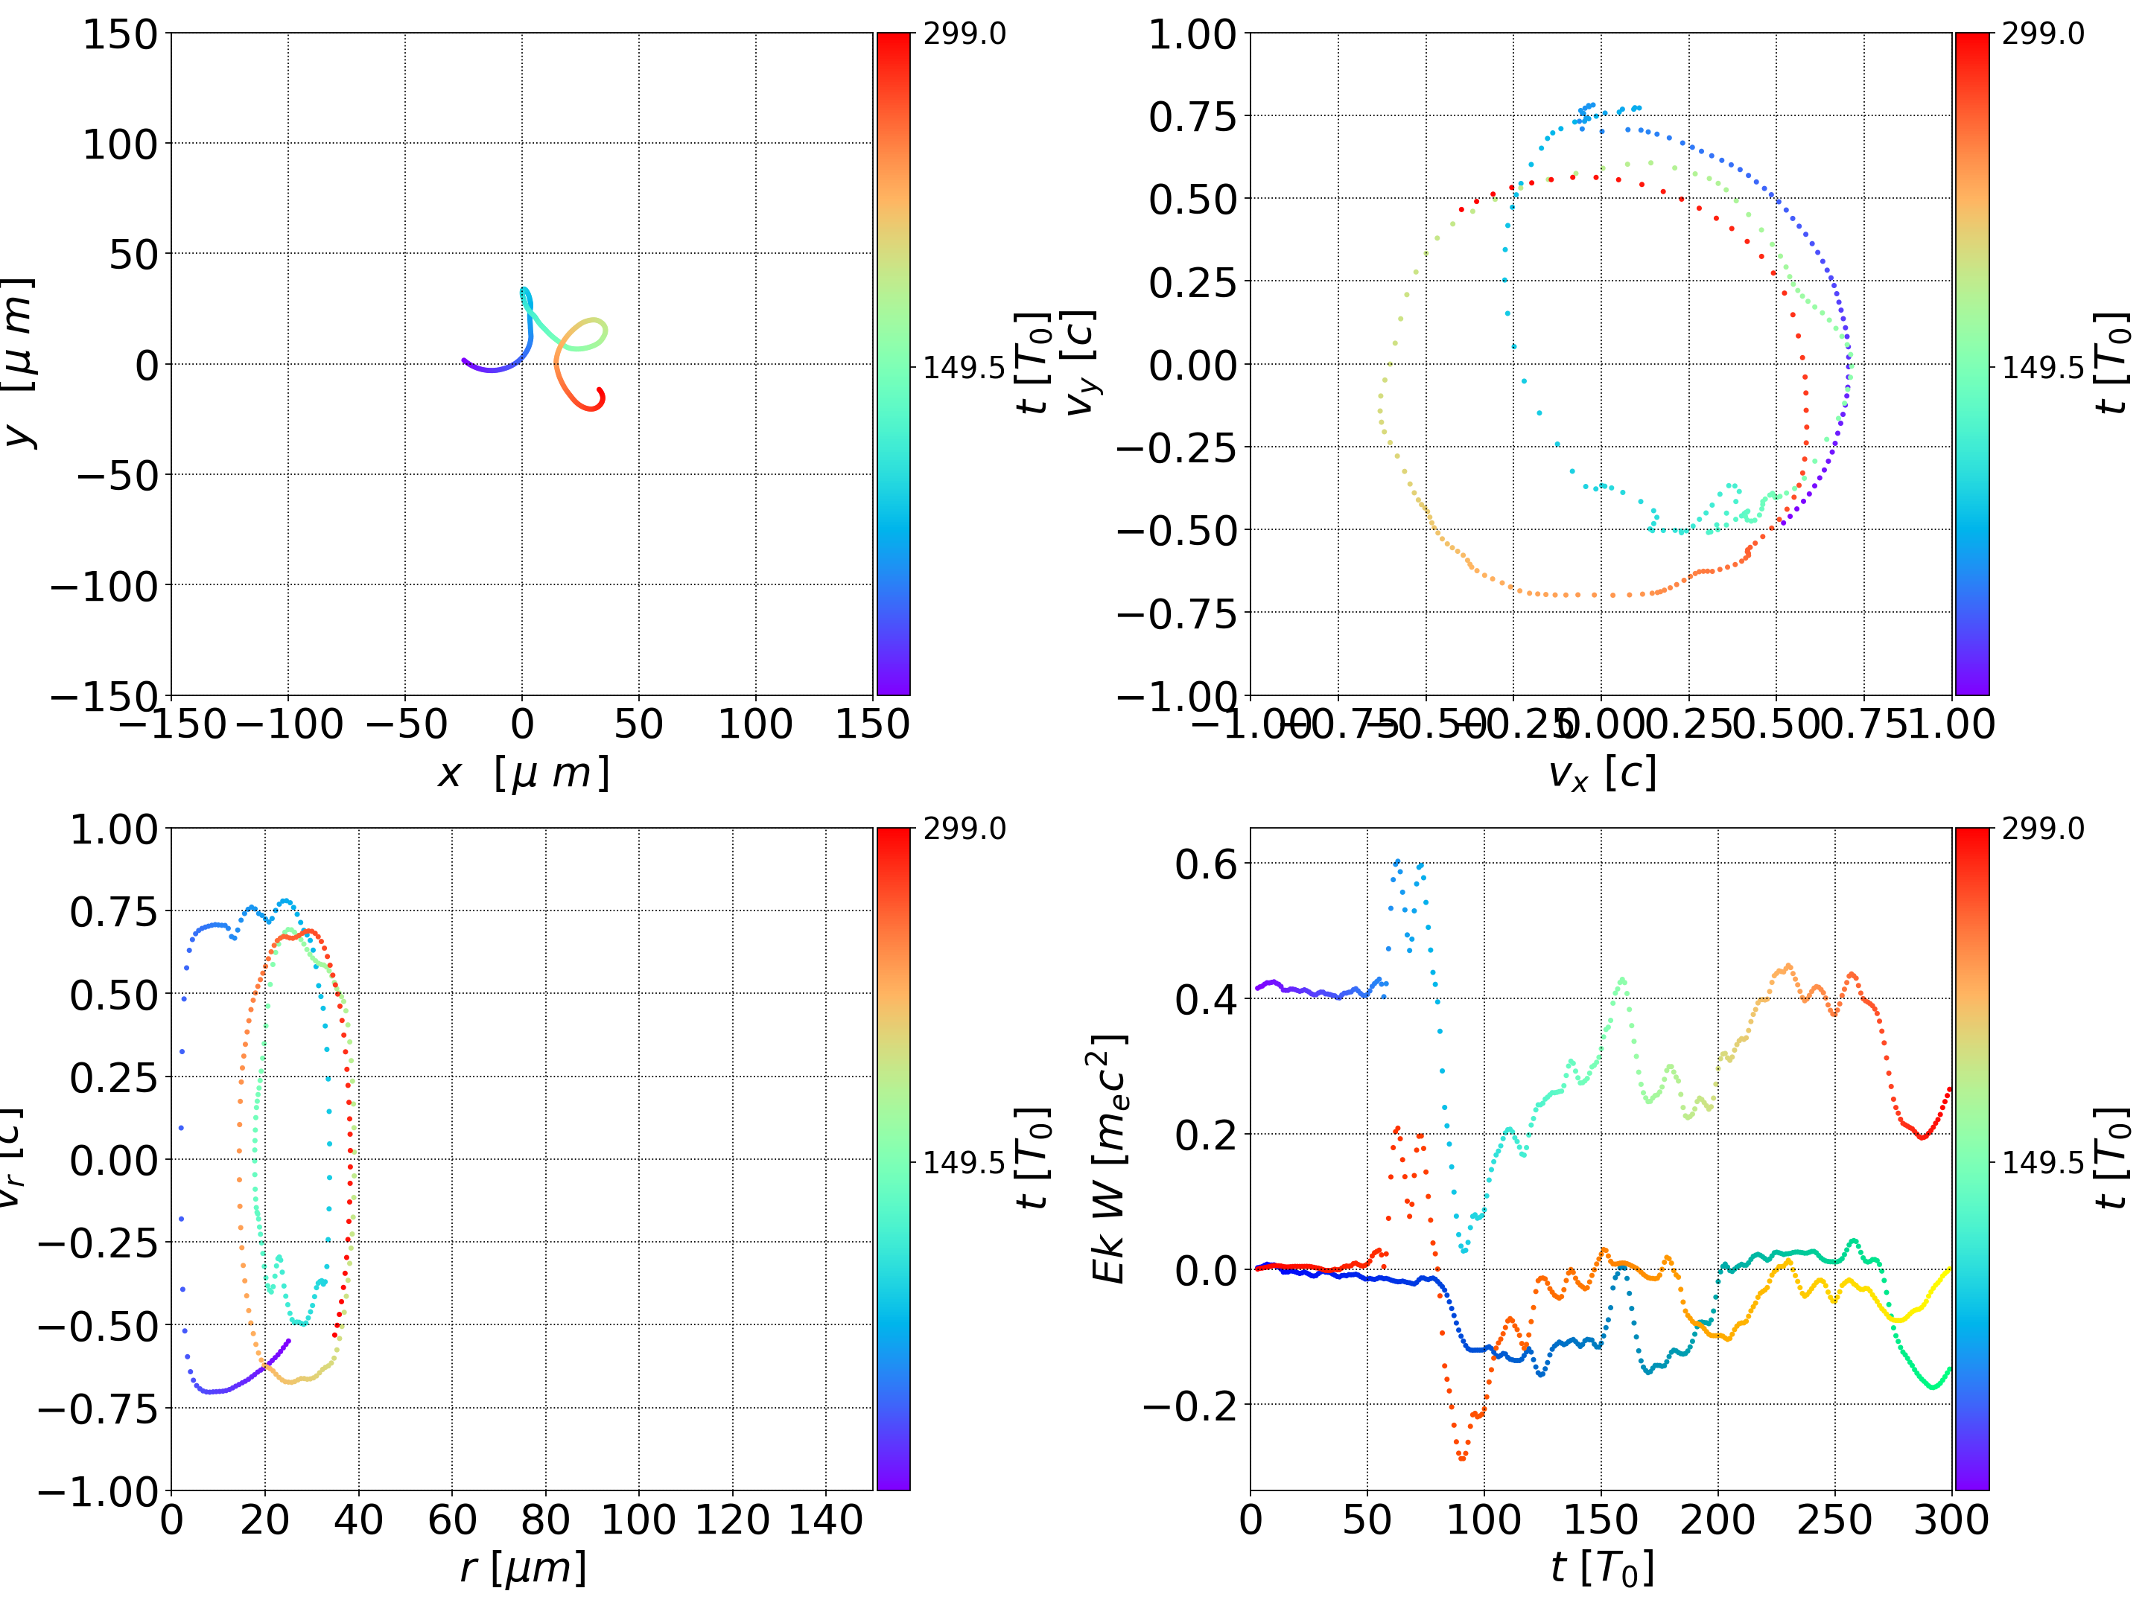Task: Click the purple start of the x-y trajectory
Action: click(x=463, y=360)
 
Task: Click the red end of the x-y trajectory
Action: click(x=600, y=391)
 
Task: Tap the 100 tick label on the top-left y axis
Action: click(x=119, y=144)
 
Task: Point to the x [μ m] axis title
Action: click(x=524, y=774)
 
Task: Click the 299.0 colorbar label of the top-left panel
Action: click(x=964, y=34)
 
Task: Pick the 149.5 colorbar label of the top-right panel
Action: click(x=2042, y=368)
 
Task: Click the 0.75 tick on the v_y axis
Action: click(x=1192, y=116)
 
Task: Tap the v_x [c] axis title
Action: click(x=1602, y=774)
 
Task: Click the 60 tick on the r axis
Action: click(x=452, y=1519)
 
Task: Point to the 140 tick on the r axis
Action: click(x=825, y=1519)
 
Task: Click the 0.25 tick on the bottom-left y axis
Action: click(x=113, y=1077)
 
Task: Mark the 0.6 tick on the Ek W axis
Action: click(x=1207, y=864)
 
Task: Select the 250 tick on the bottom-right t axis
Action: click(x=1834, y=1519)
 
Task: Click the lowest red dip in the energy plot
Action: click(x=1462, y=1457)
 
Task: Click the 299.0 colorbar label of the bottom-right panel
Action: click(x=2042, y=829)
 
